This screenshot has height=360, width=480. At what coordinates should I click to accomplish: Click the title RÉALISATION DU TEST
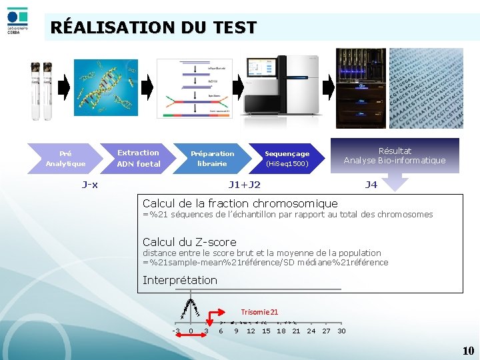coord(153,27)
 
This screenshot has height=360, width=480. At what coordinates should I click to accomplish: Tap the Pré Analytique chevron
coord(65,158)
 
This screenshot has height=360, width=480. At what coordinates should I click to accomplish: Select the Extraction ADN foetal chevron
coord(139,158)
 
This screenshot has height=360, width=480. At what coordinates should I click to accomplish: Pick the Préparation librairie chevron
coord(212,158)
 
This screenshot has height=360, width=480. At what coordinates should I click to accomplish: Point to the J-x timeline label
coord(89,185)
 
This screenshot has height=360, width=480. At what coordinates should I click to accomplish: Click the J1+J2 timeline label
coord(245,185)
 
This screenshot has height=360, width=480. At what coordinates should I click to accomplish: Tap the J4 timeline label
coord(371,185)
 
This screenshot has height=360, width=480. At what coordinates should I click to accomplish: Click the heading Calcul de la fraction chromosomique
coord(240,203)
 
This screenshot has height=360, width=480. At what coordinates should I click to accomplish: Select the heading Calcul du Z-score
coord(189,242)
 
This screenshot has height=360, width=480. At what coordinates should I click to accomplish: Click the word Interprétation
coord(180,280)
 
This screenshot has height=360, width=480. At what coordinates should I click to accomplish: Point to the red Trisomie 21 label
coord(259,311)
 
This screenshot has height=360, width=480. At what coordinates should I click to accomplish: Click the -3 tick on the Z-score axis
coord(175,331)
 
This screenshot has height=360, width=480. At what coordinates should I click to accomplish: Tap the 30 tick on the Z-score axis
coord(341,331)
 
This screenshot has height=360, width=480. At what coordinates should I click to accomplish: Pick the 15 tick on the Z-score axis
coord(266,331)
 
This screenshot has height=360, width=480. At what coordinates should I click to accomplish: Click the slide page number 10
coord(468,351)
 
